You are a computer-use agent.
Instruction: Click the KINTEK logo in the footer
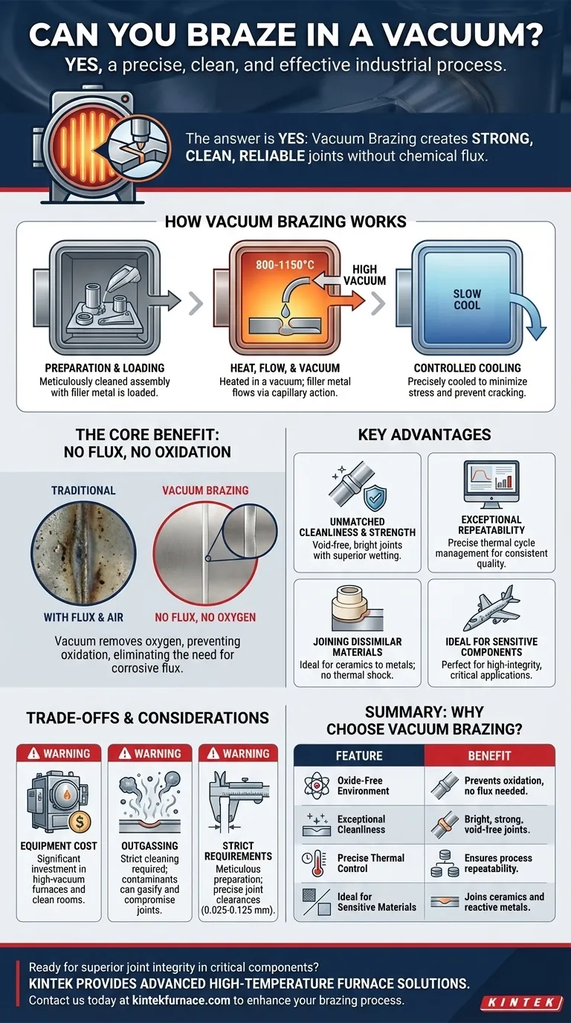(522, 1002)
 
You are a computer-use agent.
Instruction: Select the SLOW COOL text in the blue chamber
(467, 300)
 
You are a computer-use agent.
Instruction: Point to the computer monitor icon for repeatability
(490, 485)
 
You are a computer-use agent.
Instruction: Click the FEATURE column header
(359, 755)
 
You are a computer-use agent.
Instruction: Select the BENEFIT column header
(489, 755)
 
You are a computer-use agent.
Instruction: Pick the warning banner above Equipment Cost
(59, 753)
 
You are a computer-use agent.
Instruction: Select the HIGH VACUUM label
(364, 274)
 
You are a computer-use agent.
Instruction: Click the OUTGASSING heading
(150, 845)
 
